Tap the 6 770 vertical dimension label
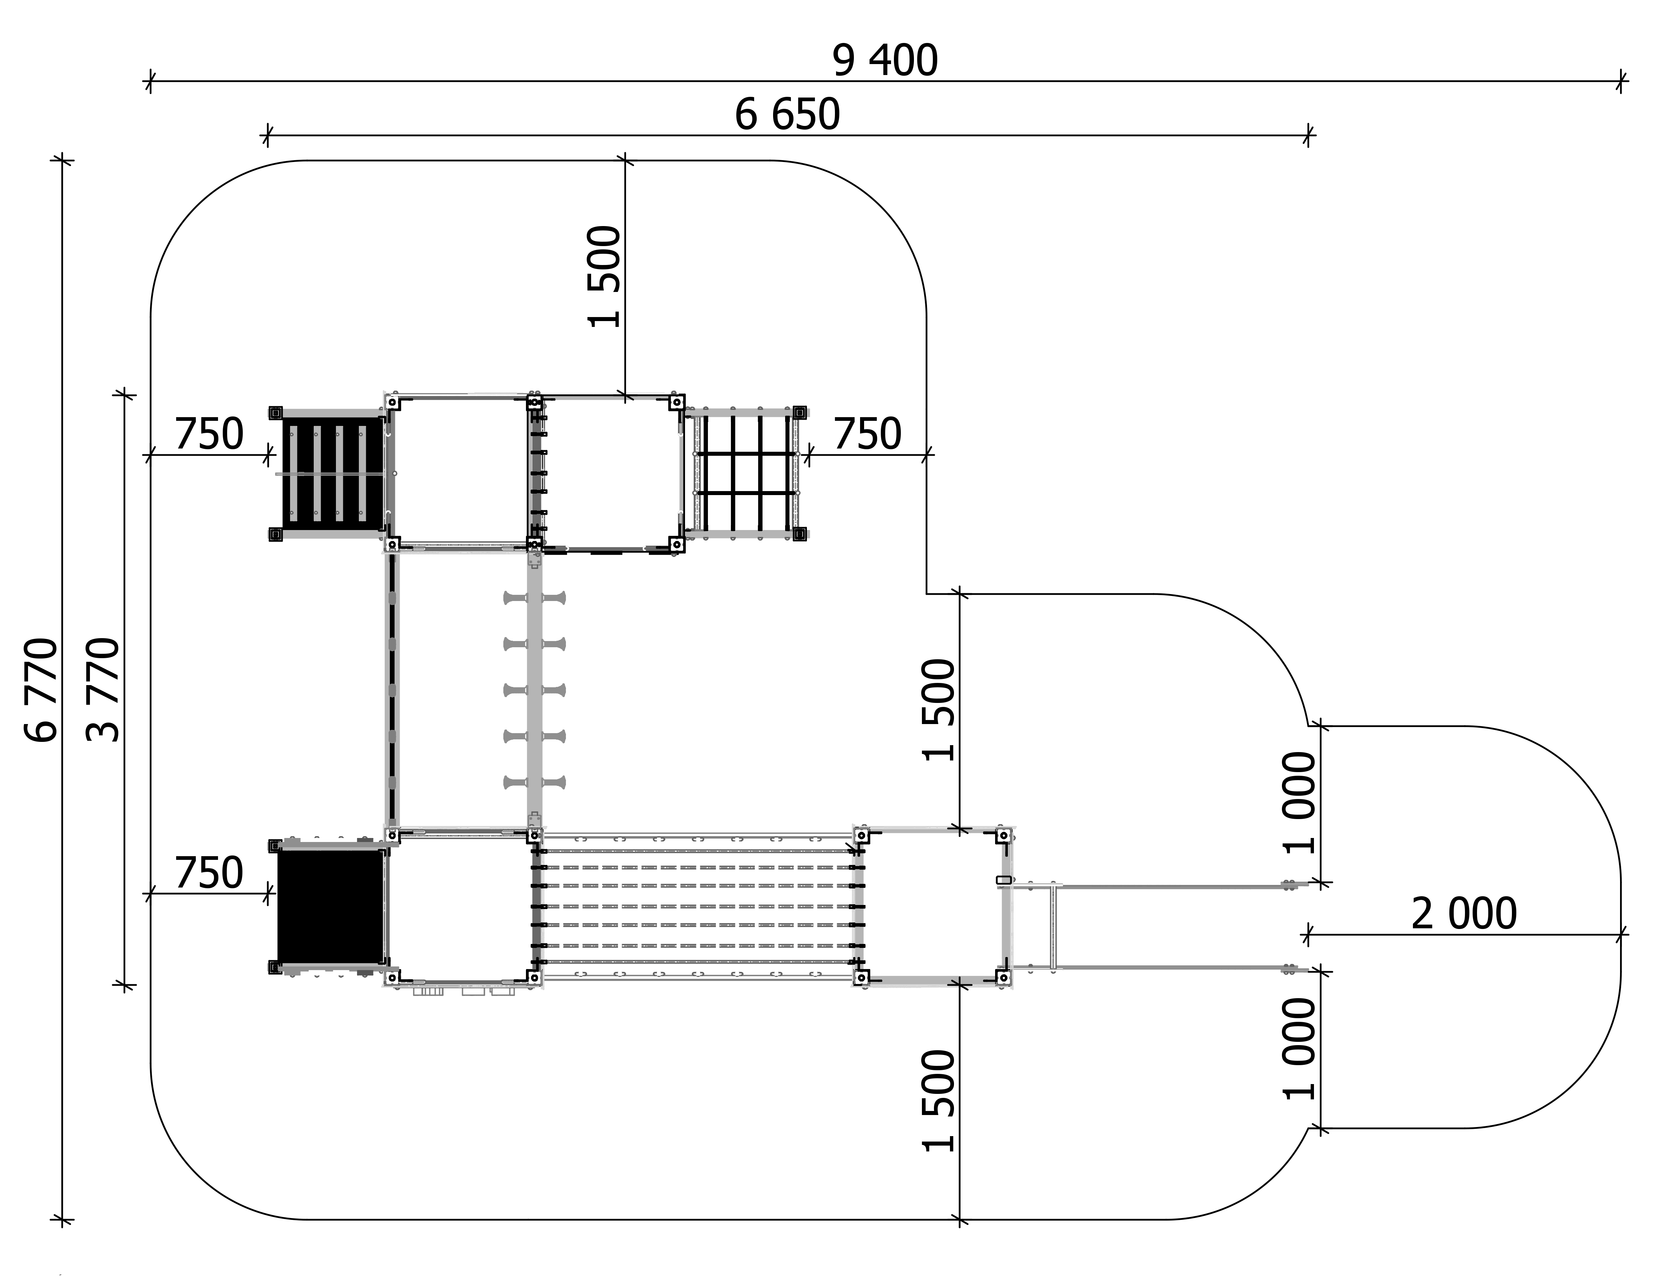click(41, 690)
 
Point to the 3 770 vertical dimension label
click(103, 690)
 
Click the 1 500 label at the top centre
click(605, 277)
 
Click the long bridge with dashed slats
click(698, 907)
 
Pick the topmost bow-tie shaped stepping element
click(534, 598)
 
